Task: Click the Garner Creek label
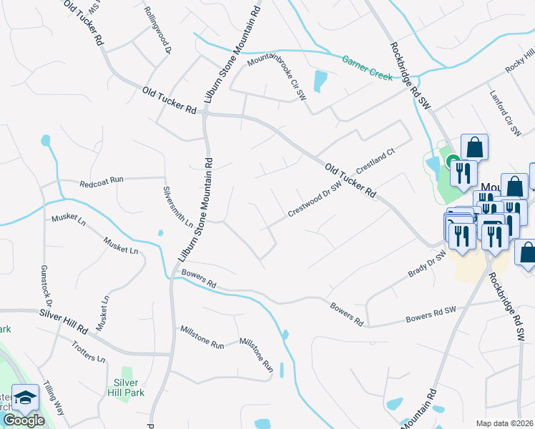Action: (x=367, y=66)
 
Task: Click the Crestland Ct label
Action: (x=376, y=162)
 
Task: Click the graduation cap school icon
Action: (x=25, y=399)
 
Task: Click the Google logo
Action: (x=24, y=420)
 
